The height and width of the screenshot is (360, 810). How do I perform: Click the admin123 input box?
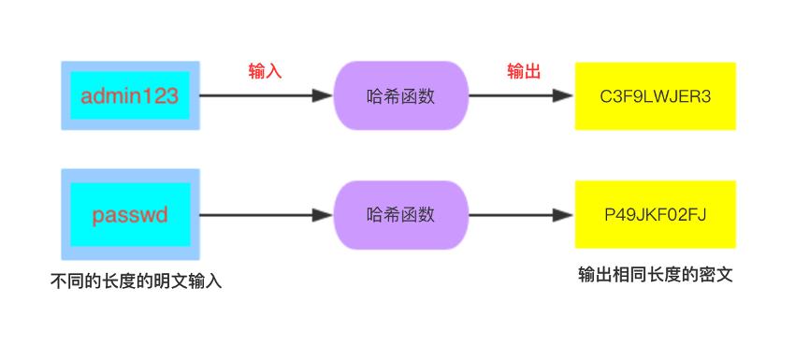[x=130, y=95]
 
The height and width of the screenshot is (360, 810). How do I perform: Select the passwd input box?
[x=130, y=215]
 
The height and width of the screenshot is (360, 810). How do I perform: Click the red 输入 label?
[x=265, y=72]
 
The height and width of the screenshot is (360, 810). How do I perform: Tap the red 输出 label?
[x=524, y=72]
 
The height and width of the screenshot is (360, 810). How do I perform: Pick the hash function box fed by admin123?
[x=401, y=95]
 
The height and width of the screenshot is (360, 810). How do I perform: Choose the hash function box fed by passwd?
[x=401, y=215]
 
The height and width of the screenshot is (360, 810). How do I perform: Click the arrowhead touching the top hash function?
[x=324, y=95]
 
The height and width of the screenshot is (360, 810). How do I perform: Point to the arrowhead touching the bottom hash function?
[x=324, y=215]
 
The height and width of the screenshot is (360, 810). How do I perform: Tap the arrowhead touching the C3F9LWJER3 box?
[x=565, y=95]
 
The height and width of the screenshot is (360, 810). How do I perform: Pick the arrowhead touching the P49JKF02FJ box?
[x=565, y=215]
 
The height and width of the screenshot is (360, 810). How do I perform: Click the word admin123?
[x=130, y=95]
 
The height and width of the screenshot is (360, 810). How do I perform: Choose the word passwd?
[x=130, y=215]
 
